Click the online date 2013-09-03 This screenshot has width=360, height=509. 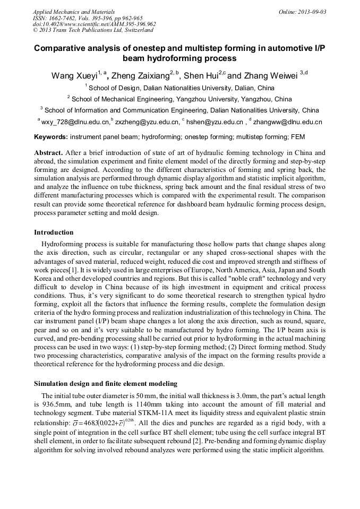[311, 11]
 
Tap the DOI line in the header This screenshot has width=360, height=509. [94, 24]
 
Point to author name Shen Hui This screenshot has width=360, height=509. [201, 76]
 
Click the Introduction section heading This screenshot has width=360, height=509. [54, 232]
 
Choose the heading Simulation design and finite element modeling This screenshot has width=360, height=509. [105, 384]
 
